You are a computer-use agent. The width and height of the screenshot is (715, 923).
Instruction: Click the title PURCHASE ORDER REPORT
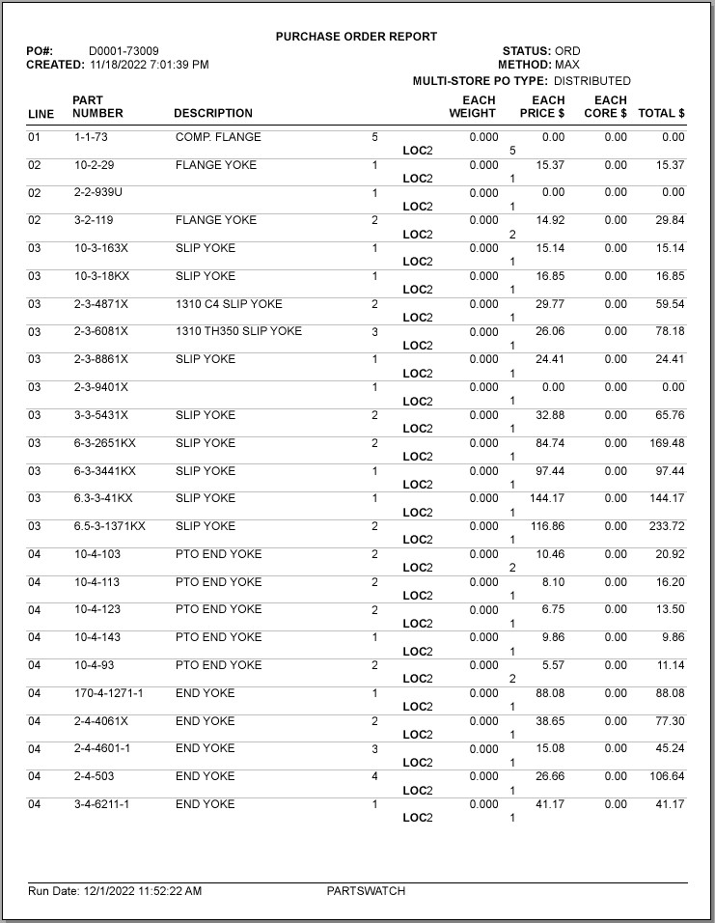[356, 37]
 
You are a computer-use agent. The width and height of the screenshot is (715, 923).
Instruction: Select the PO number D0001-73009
[124, 51]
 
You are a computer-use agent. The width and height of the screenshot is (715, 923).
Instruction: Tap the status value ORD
[567, 51]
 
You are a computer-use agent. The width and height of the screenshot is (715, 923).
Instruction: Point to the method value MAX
[567, 65]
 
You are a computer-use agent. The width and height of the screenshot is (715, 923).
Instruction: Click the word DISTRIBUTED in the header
[591, 81]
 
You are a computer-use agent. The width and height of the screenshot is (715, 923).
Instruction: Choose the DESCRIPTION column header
[213, 113]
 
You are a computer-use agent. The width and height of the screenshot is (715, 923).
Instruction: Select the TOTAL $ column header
[661, 113]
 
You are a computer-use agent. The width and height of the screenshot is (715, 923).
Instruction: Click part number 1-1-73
[91, 137]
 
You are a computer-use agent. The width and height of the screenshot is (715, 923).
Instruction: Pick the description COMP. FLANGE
[218, 137]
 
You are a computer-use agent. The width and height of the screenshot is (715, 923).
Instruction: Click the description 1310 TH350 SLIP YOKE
[238, 331]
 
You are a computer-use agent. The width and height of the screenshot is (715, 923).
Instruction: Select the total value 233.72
[661, 526]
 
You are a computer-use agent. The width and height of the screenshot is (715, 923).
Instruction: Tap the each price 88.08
[549, 693]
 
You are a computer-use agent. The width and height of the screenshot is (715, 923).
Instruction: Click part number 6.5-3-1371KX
[109, 526]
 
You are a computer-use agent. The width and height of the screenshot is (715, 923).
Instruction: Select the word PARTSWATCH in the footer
[366, 891]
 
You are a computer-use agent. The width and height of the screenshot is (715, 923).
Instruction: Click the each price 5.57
[552, 665]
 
